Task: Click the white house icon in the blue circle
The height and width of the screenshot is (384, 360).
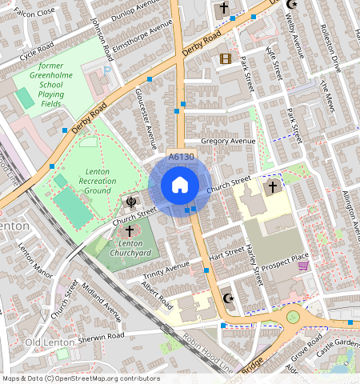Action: (x=180, y=186)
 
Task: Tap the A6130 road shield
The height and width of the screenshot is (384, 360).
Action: (x=181, y=158)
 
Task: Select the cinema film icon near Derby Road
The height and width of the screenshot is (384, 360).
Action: (x=226, y=58)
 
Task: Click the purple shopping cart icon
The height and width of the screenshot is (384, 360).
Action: (x=303, y=266)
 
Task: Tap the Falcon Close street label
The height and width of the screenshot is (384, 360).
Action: (x=34, y=11)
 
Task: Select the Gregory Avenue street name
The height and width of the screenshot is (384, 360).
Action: (x=227, y=141)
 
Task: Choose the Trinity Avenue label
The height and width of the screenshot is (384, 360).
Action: (x=167, y=270)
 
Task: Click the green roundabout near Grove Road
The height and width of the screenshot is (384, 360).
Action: (x=293, y=317)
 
